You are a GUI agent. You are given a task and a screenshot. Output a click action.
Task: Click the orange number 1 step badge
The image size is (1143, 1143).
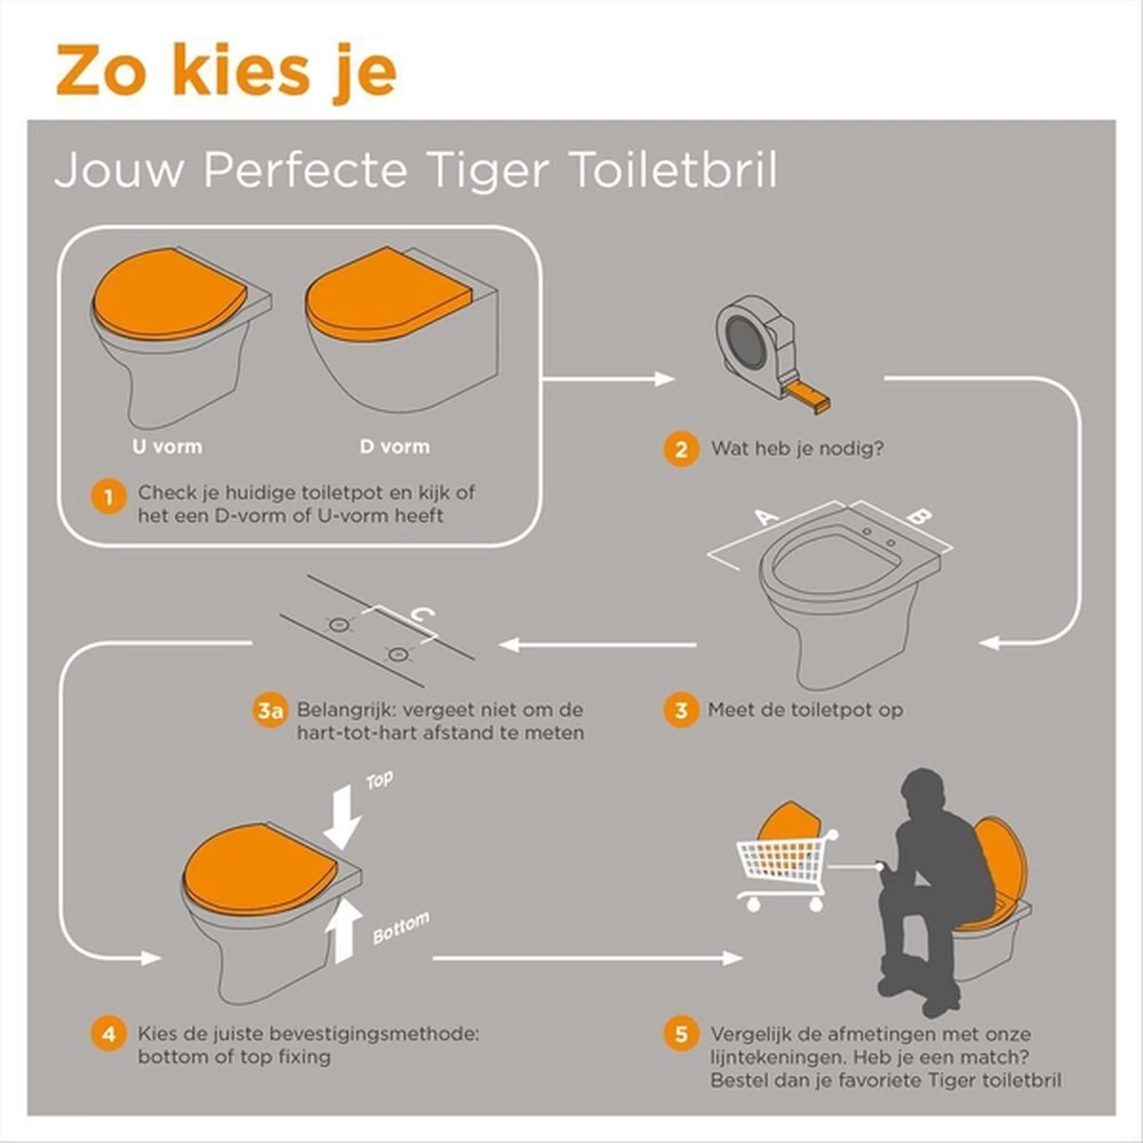click(x=109, y=496)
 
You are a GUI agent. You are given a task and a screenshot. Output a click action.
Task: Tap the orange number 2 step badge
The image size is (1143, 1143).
click(x=680, y=449)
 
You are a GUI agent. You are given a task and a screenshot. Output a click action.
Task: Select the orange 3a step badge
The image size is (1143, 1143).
click(x=271, y=711)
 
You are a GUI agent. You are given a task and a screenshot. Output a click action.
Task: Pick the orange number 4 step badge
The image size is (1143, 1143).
click(x=109, y=1033)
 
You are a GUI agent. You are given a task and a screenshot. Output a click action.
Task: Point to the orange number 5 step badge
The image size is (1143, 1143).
click(x=680, y=1033)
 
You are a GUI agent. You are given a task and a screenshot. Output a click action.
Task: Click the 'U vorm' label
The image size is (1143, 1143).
click(x=167, y=446)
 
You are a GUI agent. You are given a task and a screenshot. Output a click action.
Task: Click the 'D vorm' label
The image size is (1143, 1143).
click(x=394, y=446)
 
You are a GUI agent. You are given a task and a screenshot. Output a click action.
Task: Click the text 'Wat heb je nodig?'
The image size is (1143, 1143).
click(x=796, y=448)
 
